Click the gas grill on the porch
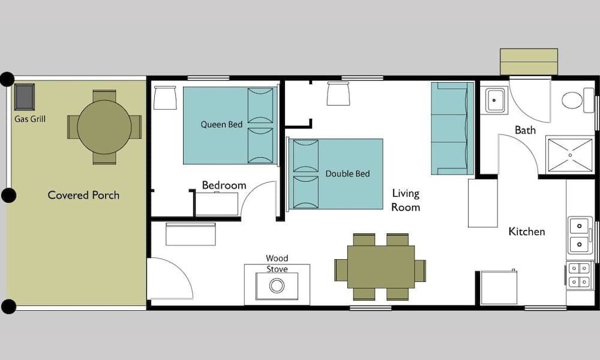[25, 97]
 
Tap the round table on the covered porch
[104, 127]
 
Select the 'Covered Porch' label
[83, 195]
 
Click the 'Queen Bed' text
[221, 124]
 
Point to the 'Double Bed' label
[347, 173]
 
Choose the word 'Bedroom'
[224, 185]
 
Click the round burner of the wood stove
[277, 286]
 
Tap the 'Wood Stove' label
[277, 263]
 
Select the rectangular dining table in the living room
[381, 266]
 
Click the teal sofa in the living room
[452, 128]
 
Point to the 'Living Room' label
[406, 200]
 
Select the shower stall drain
[570, 155]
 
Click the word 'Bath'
[525, 130]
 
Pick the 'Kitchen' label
[527, 232]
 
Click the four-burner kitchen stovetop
[578, 275]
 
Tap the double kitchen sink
[580, 235]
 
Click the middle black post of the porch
[8, 196]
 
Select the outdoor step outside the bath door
[529, 62]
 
